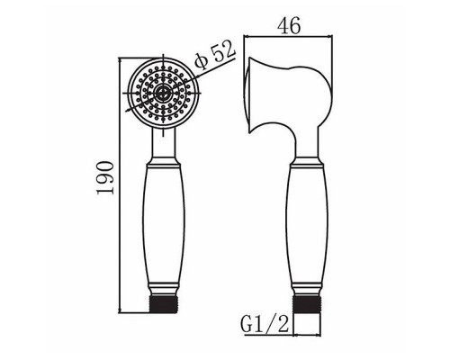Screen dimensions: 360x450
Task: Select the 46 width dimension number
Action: tap(290, 26)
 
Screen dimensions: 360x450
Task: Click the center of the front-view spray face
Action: tap(163, 92)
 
